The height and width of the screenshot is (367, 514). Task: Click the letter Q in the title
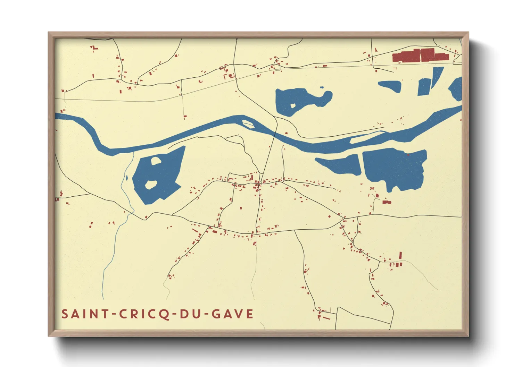coord(165,314)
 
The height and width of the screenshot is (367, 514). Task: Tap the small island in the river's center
coord(248,123)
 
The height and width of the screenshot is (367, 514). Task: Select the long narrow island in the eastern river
coord(366,137)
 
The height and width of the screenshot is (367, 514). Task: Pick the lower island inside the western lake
coord(151,185)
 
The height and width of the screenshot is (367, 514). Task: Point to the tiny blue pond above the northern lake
coord(322,87)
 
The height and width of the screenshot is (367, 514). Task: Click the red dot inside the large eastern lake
coord(408,155)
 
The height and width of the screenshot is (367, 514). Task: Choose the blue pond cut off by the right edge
coord(456,89)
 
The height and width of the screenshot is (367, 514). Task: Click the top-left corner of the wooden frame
coord(49,33)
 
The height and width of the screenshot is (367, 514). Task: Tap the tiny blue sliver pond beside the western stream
coord(127,178)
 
